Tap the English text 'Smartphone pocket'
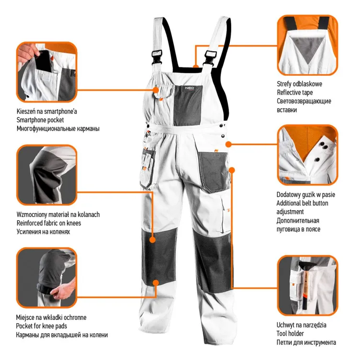[x=40, y=120]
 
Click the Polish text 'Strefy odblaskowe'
[x=299, y=84]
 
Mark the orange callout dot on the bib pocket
[x=156, y=89]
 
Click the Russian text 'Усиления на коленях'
[x=43, y=232]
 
